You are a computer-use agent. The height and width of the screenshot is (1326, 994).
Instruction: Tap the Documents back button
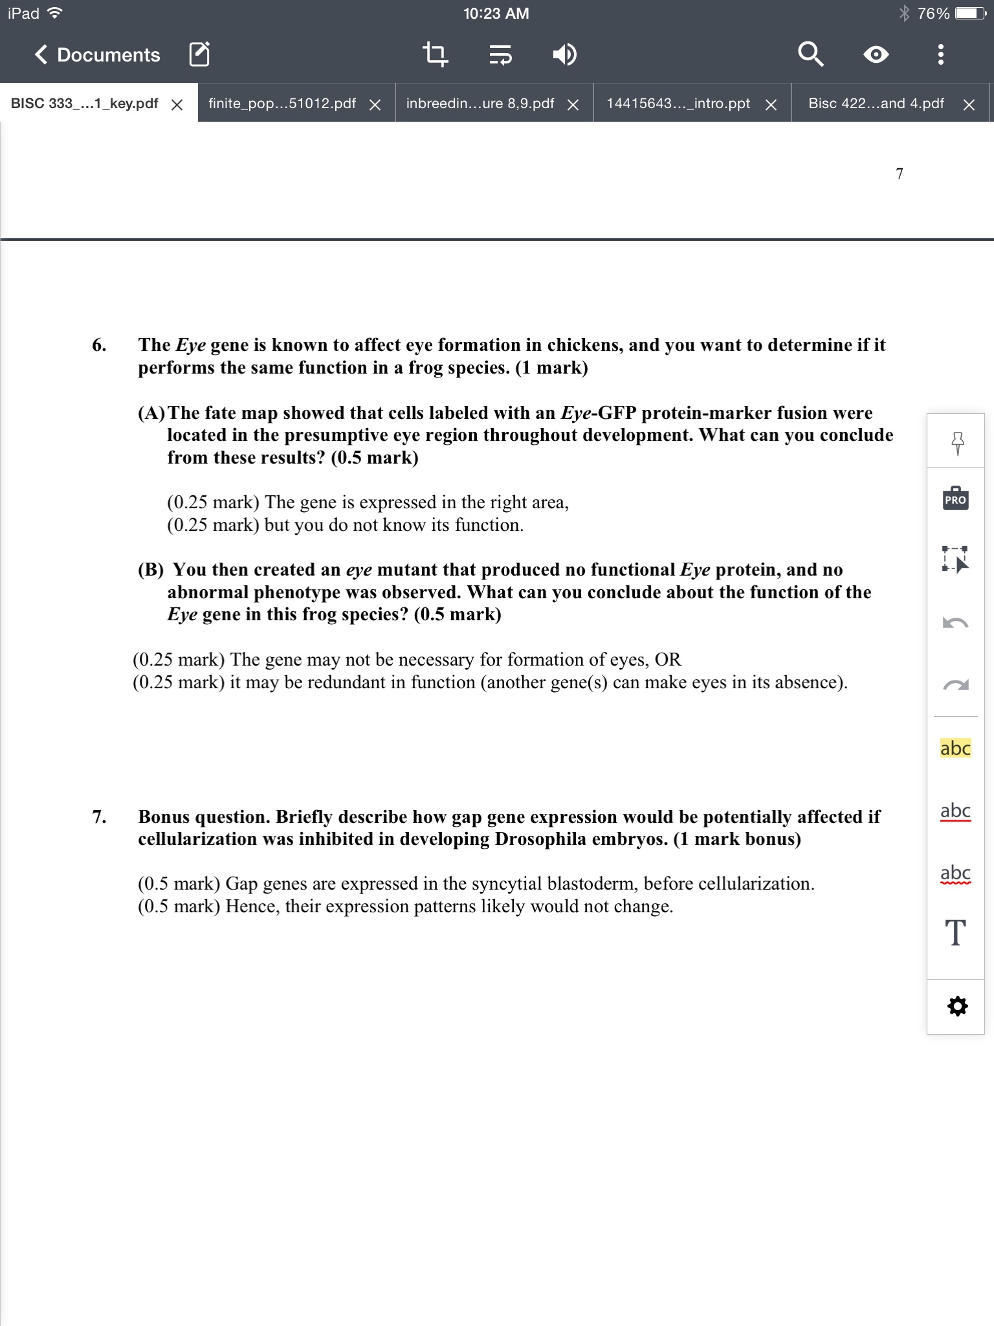click(x=97, y=55)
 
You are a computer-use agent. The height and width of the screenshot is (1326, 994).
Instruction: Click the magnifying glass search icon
click(x=810, y=54)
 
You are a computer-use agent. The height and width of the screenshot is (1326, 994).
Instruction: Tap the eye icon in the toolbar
click(x=876, y=55)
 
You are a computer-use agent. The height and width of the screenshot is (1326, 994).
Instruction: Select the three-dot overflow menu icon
click(x=941, y=55)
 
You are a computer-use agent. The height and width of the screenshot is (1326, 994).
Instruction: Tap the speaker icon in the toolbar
click(x=564, y=55)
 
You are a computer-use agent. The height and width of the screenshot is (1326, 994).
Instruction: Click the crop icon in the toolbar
click(x=435, y=55)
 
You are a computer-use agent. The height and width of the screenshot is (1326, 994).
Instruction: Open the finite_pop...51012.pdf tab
click(x=282, y=104)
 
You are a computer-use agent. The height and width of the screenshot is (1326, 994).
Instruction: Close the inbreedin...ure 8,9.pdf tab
click(x=573, y=105)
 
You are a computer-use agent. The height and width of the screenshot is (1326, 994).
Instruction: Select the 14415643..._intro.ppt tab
click(x=678, y=104)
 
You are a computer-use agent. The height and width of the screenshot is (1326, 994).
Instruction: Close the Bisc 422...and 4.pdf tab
click(x=969, y=105)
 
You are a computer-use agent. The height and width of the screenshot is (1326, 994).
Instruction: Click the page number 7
click(x=900, y=174)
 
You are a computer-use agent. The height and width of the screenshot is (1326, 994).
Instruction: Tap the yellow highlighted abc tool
click(x=955, y=748)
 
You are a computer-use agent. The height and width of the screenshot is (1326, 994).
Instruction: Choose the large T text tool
click(x=956, y=933)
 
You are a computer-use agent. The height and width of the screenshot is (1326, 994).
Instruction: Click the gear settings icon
click(x=957, y=1006)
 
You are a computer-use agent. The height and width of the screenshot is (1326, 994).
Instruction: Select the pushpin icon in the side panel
click(x=958, y=443)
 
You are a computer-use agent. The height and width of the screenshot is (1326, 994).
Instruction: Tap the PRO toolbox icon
click(x=955, y=499)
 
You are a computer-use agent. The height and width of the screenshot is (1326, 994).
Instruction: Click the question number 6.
click(x=99, y=345)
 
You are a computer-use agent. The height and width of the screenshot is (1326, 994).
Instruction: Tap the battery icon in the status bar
click(x=971, y=14)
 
